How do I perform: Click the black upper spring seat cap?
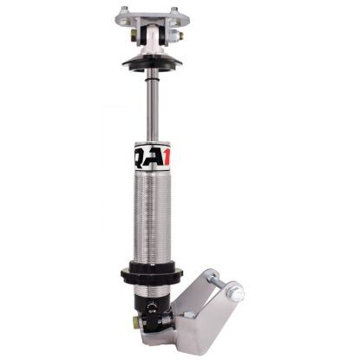(153, 63)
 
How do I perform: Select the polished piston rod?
(153, 108)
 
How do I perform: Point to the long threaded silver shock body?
(154, 217)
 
